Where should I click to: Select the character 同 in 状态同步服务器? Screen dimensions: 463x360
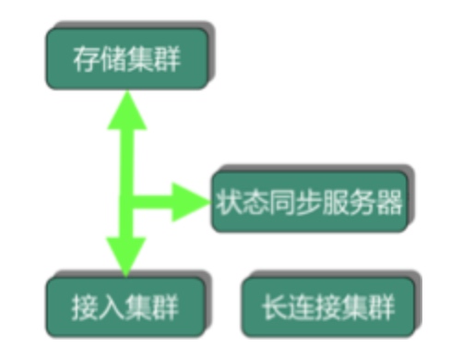[x=282, y=200]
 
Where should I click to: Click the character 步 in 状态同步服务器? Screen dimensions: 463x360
[x=309, y=200]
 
